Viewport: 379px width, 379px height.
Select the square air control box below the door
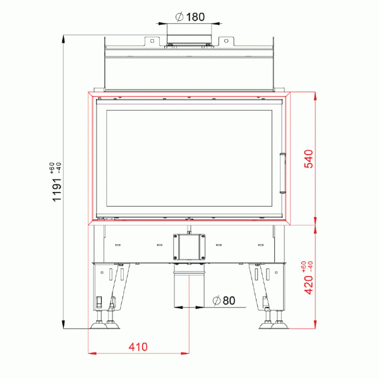tap(189, 246)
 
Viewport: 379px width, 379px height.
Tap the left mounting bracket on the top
tap(151, 42)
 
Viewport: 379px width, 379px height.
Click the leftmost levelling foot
tap(99, 326)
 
